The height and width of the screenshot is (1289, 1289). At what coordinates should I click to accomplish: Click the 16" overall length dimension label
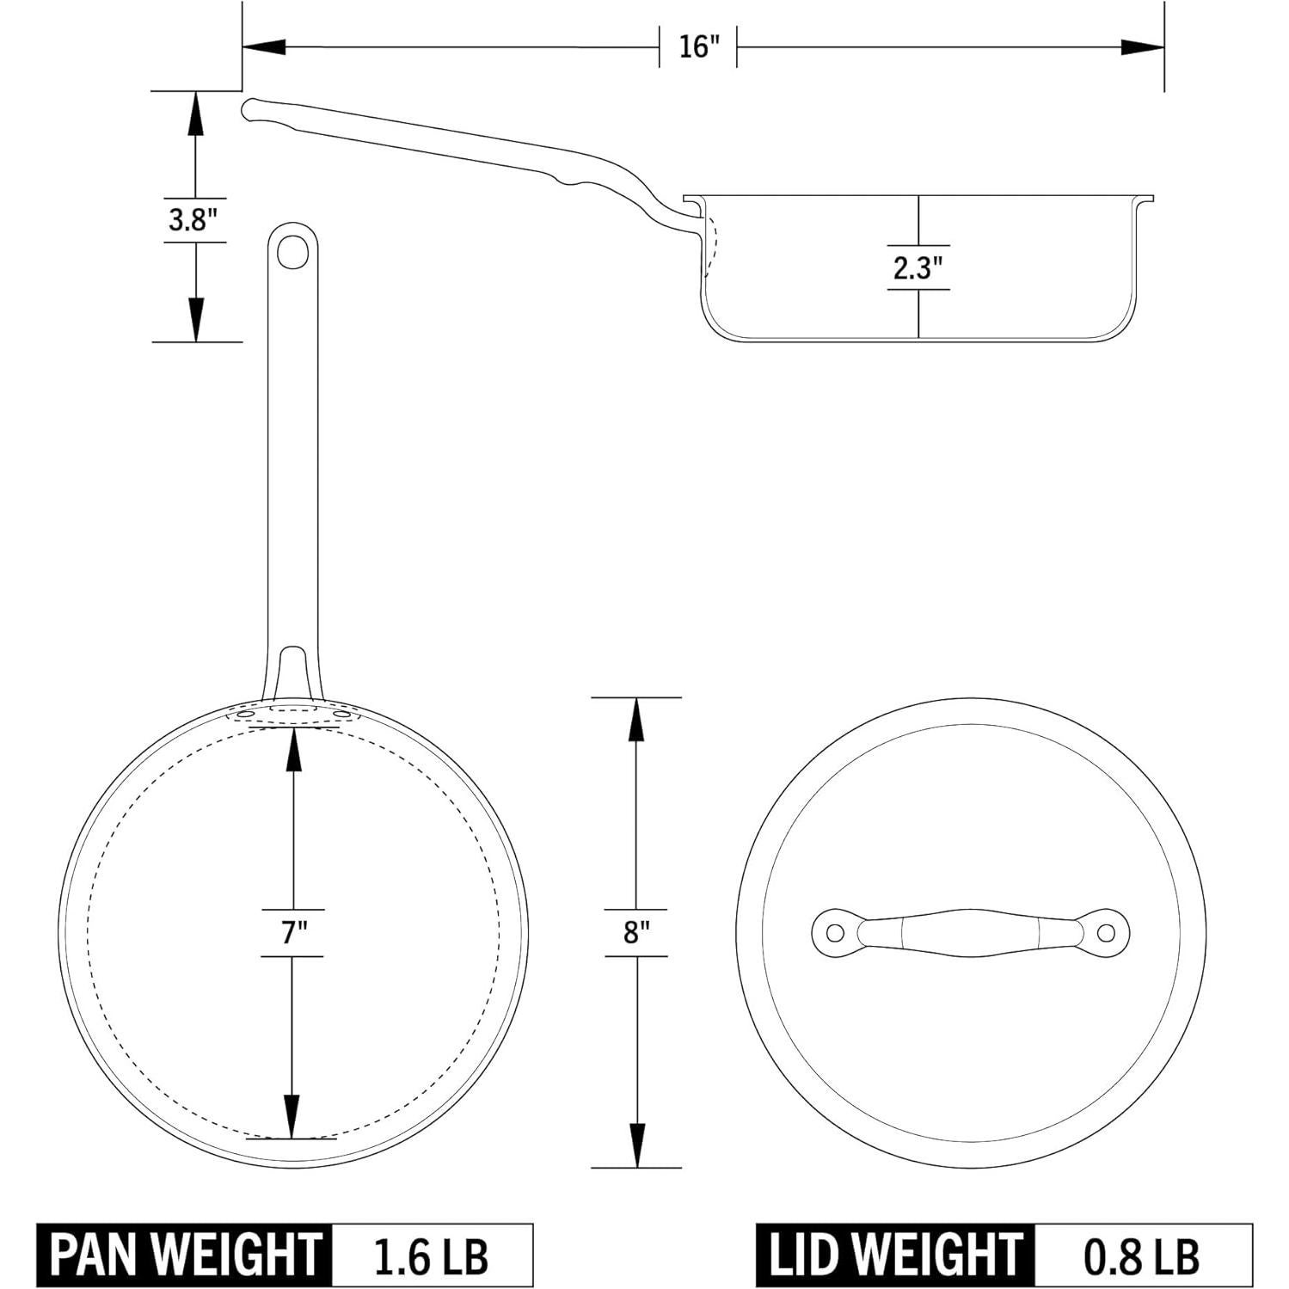[x=698, y=46]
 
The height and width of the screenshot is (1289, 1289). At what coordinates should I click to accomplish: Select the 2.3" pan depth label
[x=918, y=267]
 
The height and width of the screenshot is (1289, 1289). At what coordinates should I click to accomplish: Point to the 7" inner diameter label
[x=294, y=932]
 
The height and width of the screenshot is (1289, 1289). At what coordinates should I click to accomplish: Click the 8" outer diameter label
[x=636, y=932]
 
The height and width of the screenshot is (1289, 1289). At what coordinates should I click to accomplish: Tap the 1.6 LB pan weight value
[x=432, y=1256]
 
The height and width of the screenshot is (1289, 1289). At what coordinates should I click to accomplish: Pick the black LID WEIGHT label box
[x=895, y=1255]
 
